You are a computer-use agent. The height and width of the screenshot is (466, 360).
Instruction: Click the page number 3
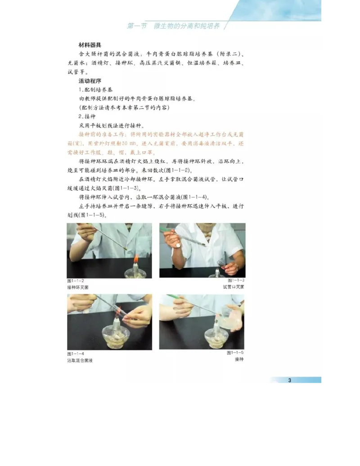(290, 380)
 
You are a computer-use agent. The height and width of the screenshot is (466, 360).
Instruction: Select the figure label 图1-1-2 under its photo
(76, 281)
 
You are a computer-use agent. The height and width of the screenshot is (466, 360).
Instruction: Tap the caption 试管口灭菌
(234, 287)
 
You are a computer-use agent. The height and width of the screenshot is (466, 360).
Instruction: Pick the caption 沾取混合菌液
(80, 360)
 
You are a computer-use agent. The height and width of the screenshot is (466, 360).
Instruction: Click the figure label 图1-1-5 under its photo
(235, 353)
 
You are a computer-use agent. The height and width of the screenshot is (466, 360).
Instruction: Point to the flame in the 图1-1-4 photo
(120, 312)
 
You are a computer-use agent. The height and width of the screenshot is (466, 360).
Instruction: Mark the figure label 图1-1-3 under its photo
(236, 281)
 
